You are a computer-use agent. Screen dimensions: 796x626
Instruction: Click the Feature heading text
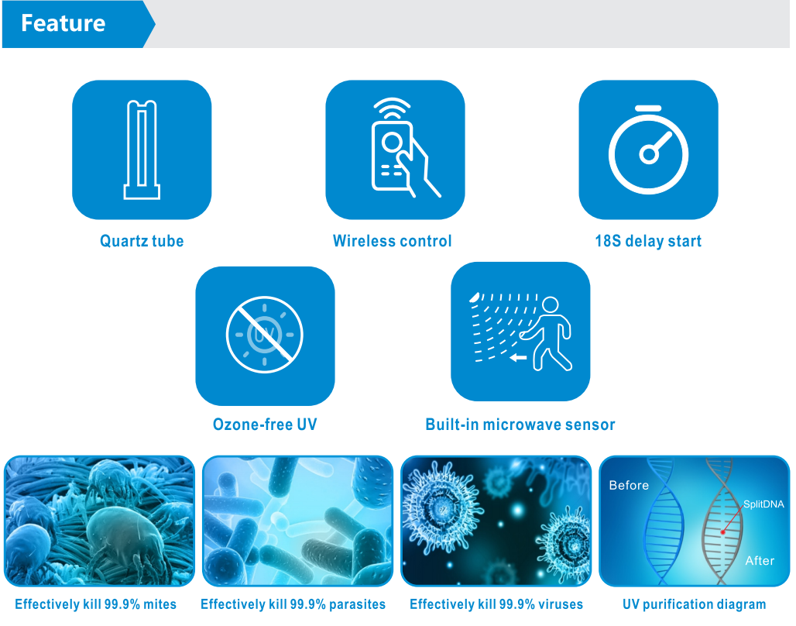[63, 23]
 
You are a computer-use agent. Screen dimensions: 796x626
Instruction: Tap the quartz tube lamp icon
[142, 150]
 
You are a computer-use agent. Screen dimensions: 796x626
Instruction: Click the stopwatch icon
[648, 150]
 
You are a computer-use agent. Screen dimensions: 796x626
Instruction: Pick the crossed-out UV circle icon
[265, 335]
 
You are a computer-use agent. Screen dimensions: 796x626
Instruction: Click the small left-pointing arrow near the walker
[518, 358]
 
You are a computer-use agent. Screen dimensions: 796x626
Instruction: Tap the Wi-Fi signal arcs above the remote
[392, 108]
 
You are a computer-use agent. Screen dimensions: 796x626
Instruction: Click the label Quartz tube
[142, 241]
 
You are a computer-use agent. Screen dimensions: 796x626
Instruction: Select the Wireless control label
[392, 241]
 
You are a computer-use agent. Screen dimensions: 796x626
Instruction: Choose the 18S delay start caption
[648, 241]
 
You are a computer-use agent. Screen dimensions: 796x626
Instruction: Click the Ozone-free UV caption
[265, 425]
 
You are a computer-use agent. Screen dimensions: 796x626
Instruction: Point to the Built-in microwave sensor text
[520, 425]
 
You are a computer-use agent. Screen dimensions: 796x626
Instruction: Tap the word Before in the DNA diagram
[629, 485]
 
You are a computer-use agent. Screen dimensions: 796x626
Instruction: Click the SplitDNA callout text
[763, 504]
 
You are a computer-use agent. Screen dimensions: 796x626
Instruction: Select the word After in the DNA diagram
[760, 560]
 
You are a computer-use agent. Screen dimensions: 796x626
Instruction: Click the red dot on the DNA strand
[723, 532]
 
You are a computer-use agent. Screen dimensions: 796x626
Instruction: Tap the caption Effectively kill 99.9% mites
[95, 604]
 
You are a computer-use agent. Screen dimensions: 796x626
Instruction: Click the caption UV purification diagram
[694, 604]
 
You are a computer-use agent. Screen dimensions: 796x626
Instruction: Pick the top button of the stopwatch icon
[648, 108]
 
